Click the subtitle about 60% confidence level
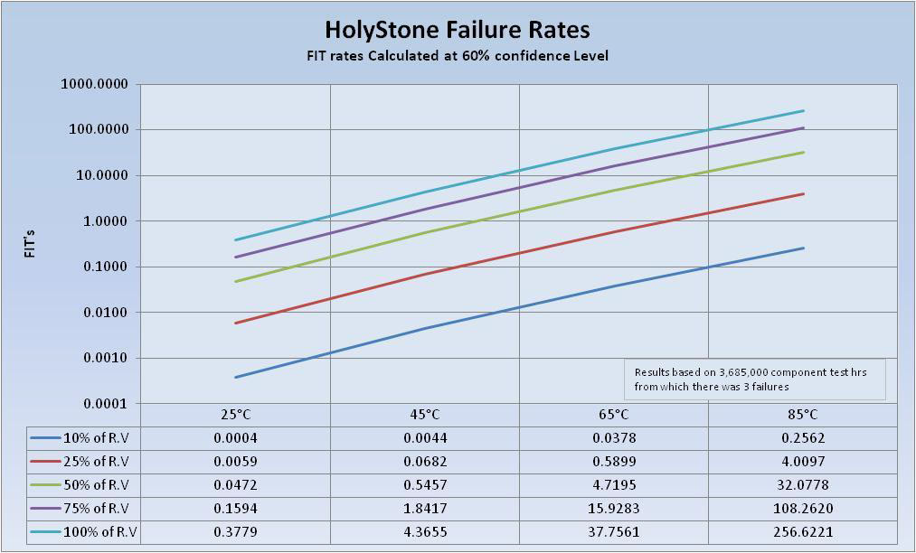pyautogui.click(x=457, y=56)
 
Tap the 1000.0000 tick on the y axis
pyautogui.click(x=95, y=84)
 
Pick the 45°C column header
pyautogui.click(x=425, y=415)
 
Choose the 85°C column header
pyautogui.click(x=802, y=415)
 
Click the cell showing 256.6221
pyautogui.click(x=802, y=531)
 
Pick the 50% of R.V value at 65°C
pyautogui.click(x=613, y=484)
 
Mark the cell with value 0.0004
pyautogui.click(x=235, y=438)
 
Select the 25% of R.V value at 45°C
pyautogui.click(x=425, y=462)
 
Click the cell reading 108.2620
pyautogui.click(x=802, y=508)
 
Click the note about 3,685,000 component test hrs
pyautogui.click(x=755, y=380)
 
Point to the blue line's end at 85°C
pyautogui.click(x=803, y=248)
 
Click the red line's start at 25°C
pyautogui.click(x=236, y=323)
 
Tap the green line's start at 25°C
pyautogui.click(x=236, y=281)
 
